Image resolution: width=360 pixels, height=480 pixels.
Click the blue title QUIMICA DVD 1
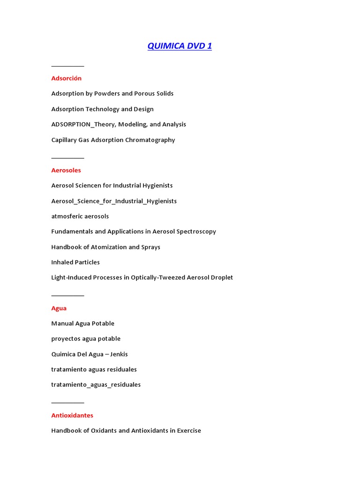tap(180, 46)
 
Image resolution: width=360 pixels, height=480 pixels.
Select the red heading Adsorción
tap(66, 78)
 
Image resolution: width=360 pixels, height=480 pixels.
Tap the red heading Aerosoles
tap(66, 170)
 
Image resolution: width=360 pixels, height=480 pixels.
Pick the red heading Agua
tap(59, 308)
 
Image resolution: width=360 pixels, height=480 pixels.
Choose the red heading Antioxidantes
tap(72, 415)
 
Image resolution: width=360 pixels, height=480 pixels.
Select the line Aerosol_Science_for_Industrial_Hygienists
tap(114, 201)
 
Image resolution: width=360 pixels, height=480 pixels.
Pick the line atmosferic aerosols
tap(80, 216)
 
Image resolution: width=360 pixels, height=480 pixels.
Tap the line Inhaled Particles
tap(75, 262)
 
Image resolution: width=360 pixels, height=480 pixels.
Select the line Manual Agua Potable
tap(82, 323)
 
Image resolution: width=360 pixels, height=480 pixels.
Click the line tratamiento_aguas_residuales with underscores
tap(96, 385)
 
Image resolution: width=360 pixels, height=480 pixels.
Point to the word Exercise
tap(187, 431)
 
